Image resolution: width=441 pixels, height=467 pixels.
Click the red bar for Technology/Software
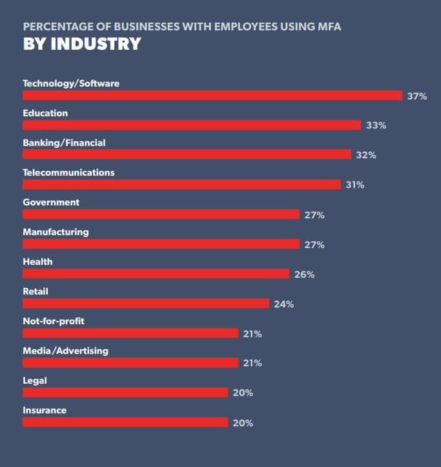pos(212,96)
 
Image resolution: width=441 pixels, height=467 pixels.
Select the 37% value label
pos(417,96)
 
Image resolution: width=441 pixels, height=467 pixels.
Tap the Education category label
pos(45,113)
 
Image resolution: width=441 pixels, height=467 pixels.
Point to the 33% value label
pos(376,125)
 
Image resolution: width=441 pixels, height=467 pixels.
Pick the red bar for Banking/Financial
pos(187,155)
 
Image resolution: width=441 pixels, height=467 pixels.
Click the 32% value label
pos(365,155)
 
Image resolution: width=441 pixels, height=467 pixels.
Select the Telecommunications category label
pos(68,172)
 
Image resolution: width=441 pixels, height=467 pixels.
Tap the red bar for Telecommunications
pos(181,185)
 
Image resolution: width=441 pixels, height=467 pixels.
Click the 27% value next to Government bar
pos(314,215)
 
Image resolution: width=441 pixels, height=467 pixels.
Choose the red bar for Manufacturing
pos(161,244)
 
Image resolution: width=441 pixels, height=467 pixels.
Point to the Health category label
pos(37,262)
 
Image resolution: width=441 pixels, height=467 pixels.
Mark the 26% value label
pos(304,275)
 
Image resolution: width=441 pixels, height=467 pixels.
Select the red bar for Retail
pos(146,304)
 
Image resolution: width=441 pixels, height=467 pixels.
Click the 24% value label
pos(283,304)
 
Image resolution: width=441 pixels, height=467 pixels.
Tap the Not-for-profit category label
pos(54,321)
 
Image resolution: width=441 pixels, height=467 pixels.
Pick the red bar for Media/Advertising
pos(130,363)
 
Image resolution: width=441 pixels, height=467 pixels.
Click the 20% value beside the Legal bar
pos(243,393)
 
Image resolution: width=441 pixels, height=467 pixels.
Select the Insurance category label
pos(45,410)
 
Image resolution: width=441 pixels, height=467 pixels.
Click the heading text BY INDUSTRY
pos(82,44)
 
